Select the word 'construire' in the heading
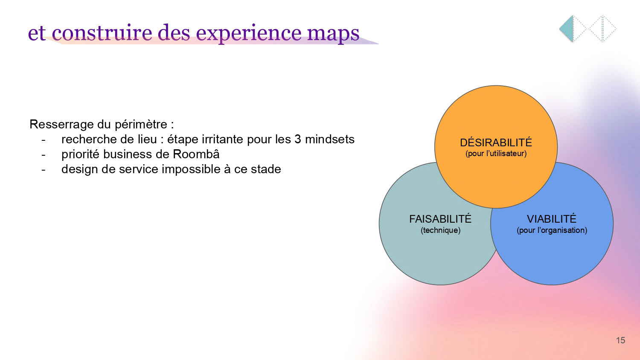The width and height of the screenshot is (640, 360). pyautogui.click(x=102, y=32)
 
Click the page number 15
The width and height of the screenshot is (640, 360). pyautogui.click(x=620, y=340)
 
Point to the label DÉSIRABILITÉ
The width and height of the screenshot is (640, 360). pyautogui.click(x=496, y=142)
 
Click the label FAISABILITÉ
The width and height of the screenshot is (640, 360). pyautogui.click(x=440, y=219)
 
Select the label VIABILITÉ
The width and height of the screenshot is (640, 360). pyautogui.click(x=552, y=219)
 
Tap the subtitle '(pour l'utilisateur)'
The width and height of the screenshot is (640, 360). pyautogui.click(x=496, y=154)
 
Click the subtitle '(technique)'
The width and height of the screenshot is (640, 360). pyautogui.click(x=441, y=230)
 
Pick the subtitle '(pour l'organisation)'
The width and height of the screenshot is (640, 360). pyautogui.click(x=552, y=230)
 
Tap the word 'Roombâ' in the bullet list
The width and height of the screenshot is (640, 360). pyautogui.click(x=196, y=154)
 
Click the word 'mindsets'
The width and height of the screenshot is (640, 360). pyautogui.click(x=330, y=139)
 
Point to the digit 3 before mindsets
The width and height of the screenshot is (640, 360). pyautogui.click(x=298, y=139)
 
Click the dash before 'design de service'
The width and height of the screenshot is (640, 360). pyautogui.click(x=44, y=170)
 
